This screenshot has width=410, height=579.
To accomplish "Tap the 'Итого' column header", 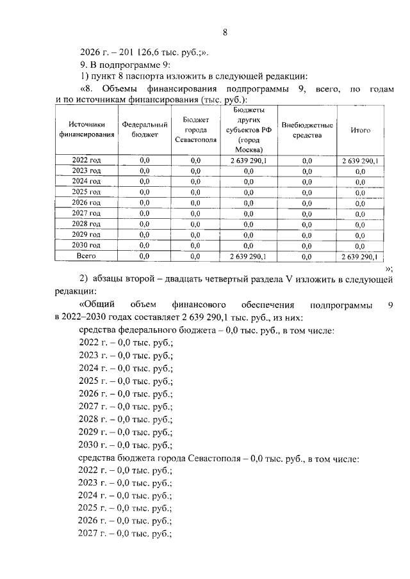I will pyautogui.click(x=361, y=130).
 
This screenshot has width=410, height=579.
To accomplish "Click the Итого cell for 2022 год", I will pyautogui.click(x=361, y=161).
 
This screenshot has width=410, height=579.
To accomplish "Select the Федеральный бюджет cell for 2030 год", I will pyautogui.click(x=144, y=245).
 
